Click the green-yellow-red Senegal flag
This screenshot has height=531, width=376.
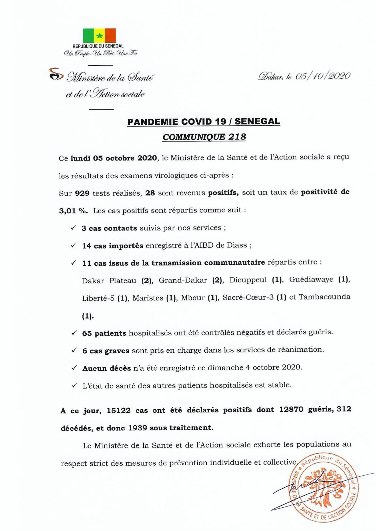point(100,36)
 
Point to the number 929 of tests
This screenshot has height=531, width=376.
point(82,193)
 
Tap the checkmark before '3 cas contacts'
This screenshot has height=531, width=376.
point(73,228)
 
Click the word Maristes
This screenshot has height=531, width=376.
point(148,298)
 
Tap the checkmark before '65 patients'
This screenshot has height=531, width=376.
point(74,333)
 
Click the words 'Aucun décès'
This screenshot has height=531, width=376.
point(106,368)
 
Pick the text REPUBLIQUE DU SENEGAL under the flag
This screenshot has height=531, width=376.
point(98,46)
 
